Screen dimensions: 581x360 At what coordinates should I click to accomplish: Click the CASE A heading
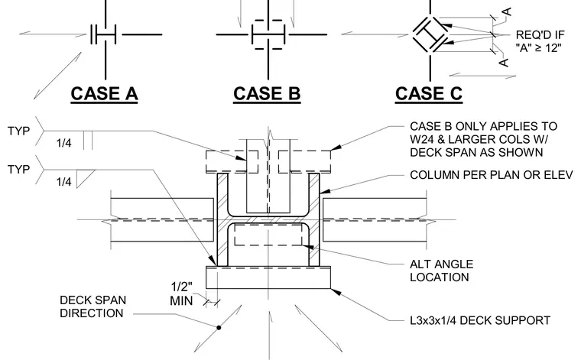pos(104,93)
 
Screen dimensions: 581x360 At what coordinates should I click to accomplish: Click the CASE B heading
pos(267,93)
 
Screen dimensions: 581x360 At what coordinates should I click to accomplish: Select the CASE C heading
pos(429,93)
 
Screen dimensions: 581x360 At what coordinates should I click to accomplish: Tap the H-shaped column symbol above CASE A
pos(103,35)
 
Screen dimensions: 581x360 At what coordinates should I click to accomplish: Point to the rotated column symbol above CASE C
pos(430,34)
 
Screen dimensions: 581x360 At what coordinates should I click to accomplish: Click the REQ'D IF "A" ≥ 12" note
pos(540,41)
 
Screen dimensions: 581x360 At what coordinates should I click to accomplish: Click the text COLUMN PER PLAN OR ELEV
pos(492,175)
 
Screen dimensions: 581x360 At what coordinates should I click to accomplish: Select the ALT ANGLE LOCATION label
pos(441,271)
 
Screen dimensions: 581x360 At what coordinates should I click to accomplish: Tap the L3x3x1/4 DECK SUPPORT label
pos(480,320)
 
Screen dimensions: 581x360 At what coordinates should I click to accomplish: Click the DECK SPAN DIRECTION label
pos(93,306)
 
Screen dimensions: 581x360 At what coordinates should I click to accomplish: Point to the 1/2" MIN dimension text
pos(182,294)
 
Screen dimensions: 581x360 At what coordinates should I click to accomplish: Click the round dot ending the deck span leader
pos(219,327)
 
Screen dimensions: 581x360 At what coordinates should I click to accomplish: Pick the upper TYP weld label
pos(18,131)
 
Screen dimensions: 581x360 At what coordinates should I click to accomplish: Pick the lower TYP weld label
pos(18,169)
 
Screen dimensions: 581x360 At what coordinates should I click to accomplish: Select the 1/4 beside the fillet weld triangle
pos(63,182)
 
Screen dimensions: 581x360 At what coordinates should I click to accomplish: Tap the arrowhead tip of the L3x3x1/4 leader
pos(330,289)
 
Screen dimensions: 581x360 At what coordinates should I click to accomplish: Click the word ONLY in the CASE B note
pos(472,126)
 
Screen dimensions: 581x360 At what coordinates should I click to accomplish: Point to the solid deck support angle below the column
pos(268,277)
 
